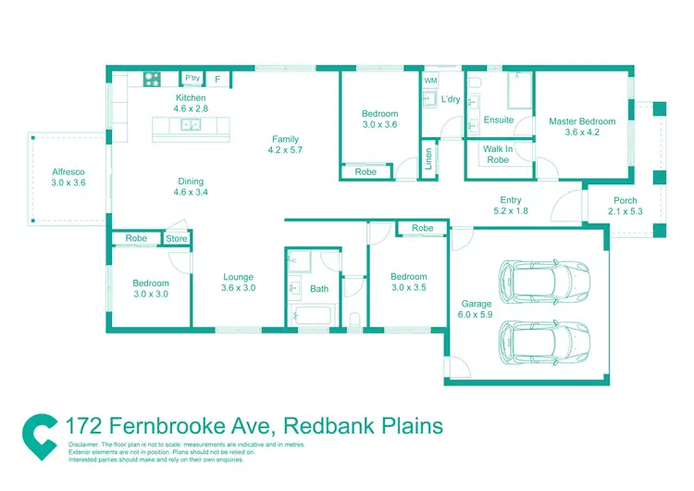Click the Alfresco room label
click(x=68, y=171)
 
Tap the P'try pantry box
click(x=192, y=79)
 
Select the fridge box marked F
click(x=217, y=80)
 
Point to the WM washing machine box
click(x=430, y=82)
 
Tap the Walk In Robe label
click(x=497, y=154)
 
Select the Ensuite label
click(x=498, y=120)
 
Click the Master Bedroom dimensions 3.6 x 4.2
click(x=581, y=132)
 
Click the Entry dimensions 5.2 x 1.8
click(x=510, y=211)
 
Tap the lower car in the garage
click(x=544, y=340)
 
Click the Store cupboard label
click(x=177, y=239)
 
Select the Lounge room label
click(x=238, y=277)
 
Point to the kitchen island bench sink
click(x=192, y=124)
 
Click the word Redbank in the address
click(x=323, y=426)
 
